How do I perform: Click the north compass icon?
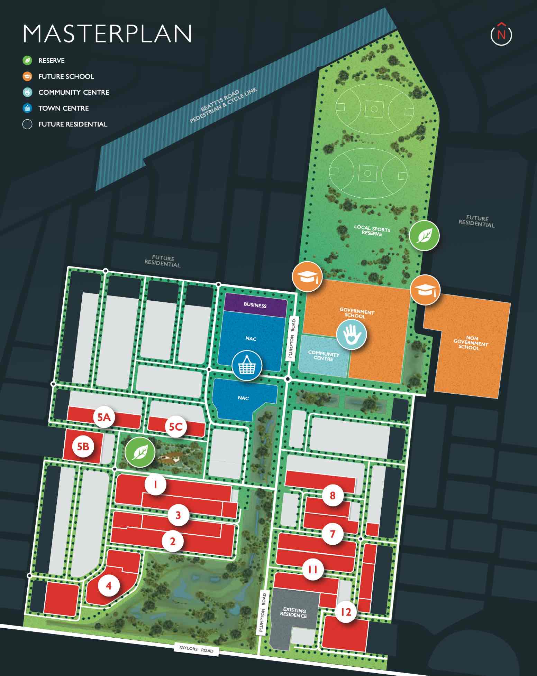pos(501,34)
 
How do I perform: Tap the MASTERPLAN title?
pos(107,34)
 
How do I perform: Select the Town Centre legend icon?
pos(27,108)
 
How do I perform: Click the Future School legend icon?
pos(27,76)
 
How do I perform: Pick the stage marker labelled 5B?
pos(83,447)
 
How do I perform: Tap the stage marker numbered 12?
pos(346,612)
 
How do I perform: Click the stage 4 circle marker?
pos(109,585)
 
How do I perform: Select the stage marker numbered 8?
pos(333,495)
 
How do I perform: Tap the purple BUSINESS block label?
pos(255,305)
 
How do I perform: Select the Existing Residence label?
pos(293,613)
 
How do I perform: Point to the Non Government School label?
pos(470,342)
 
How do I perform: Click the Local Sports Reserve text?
pos(372,230)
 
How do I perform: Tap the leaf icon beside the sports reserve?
pos(424,236)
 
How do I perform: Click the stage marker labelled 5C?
pos(176,426)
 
